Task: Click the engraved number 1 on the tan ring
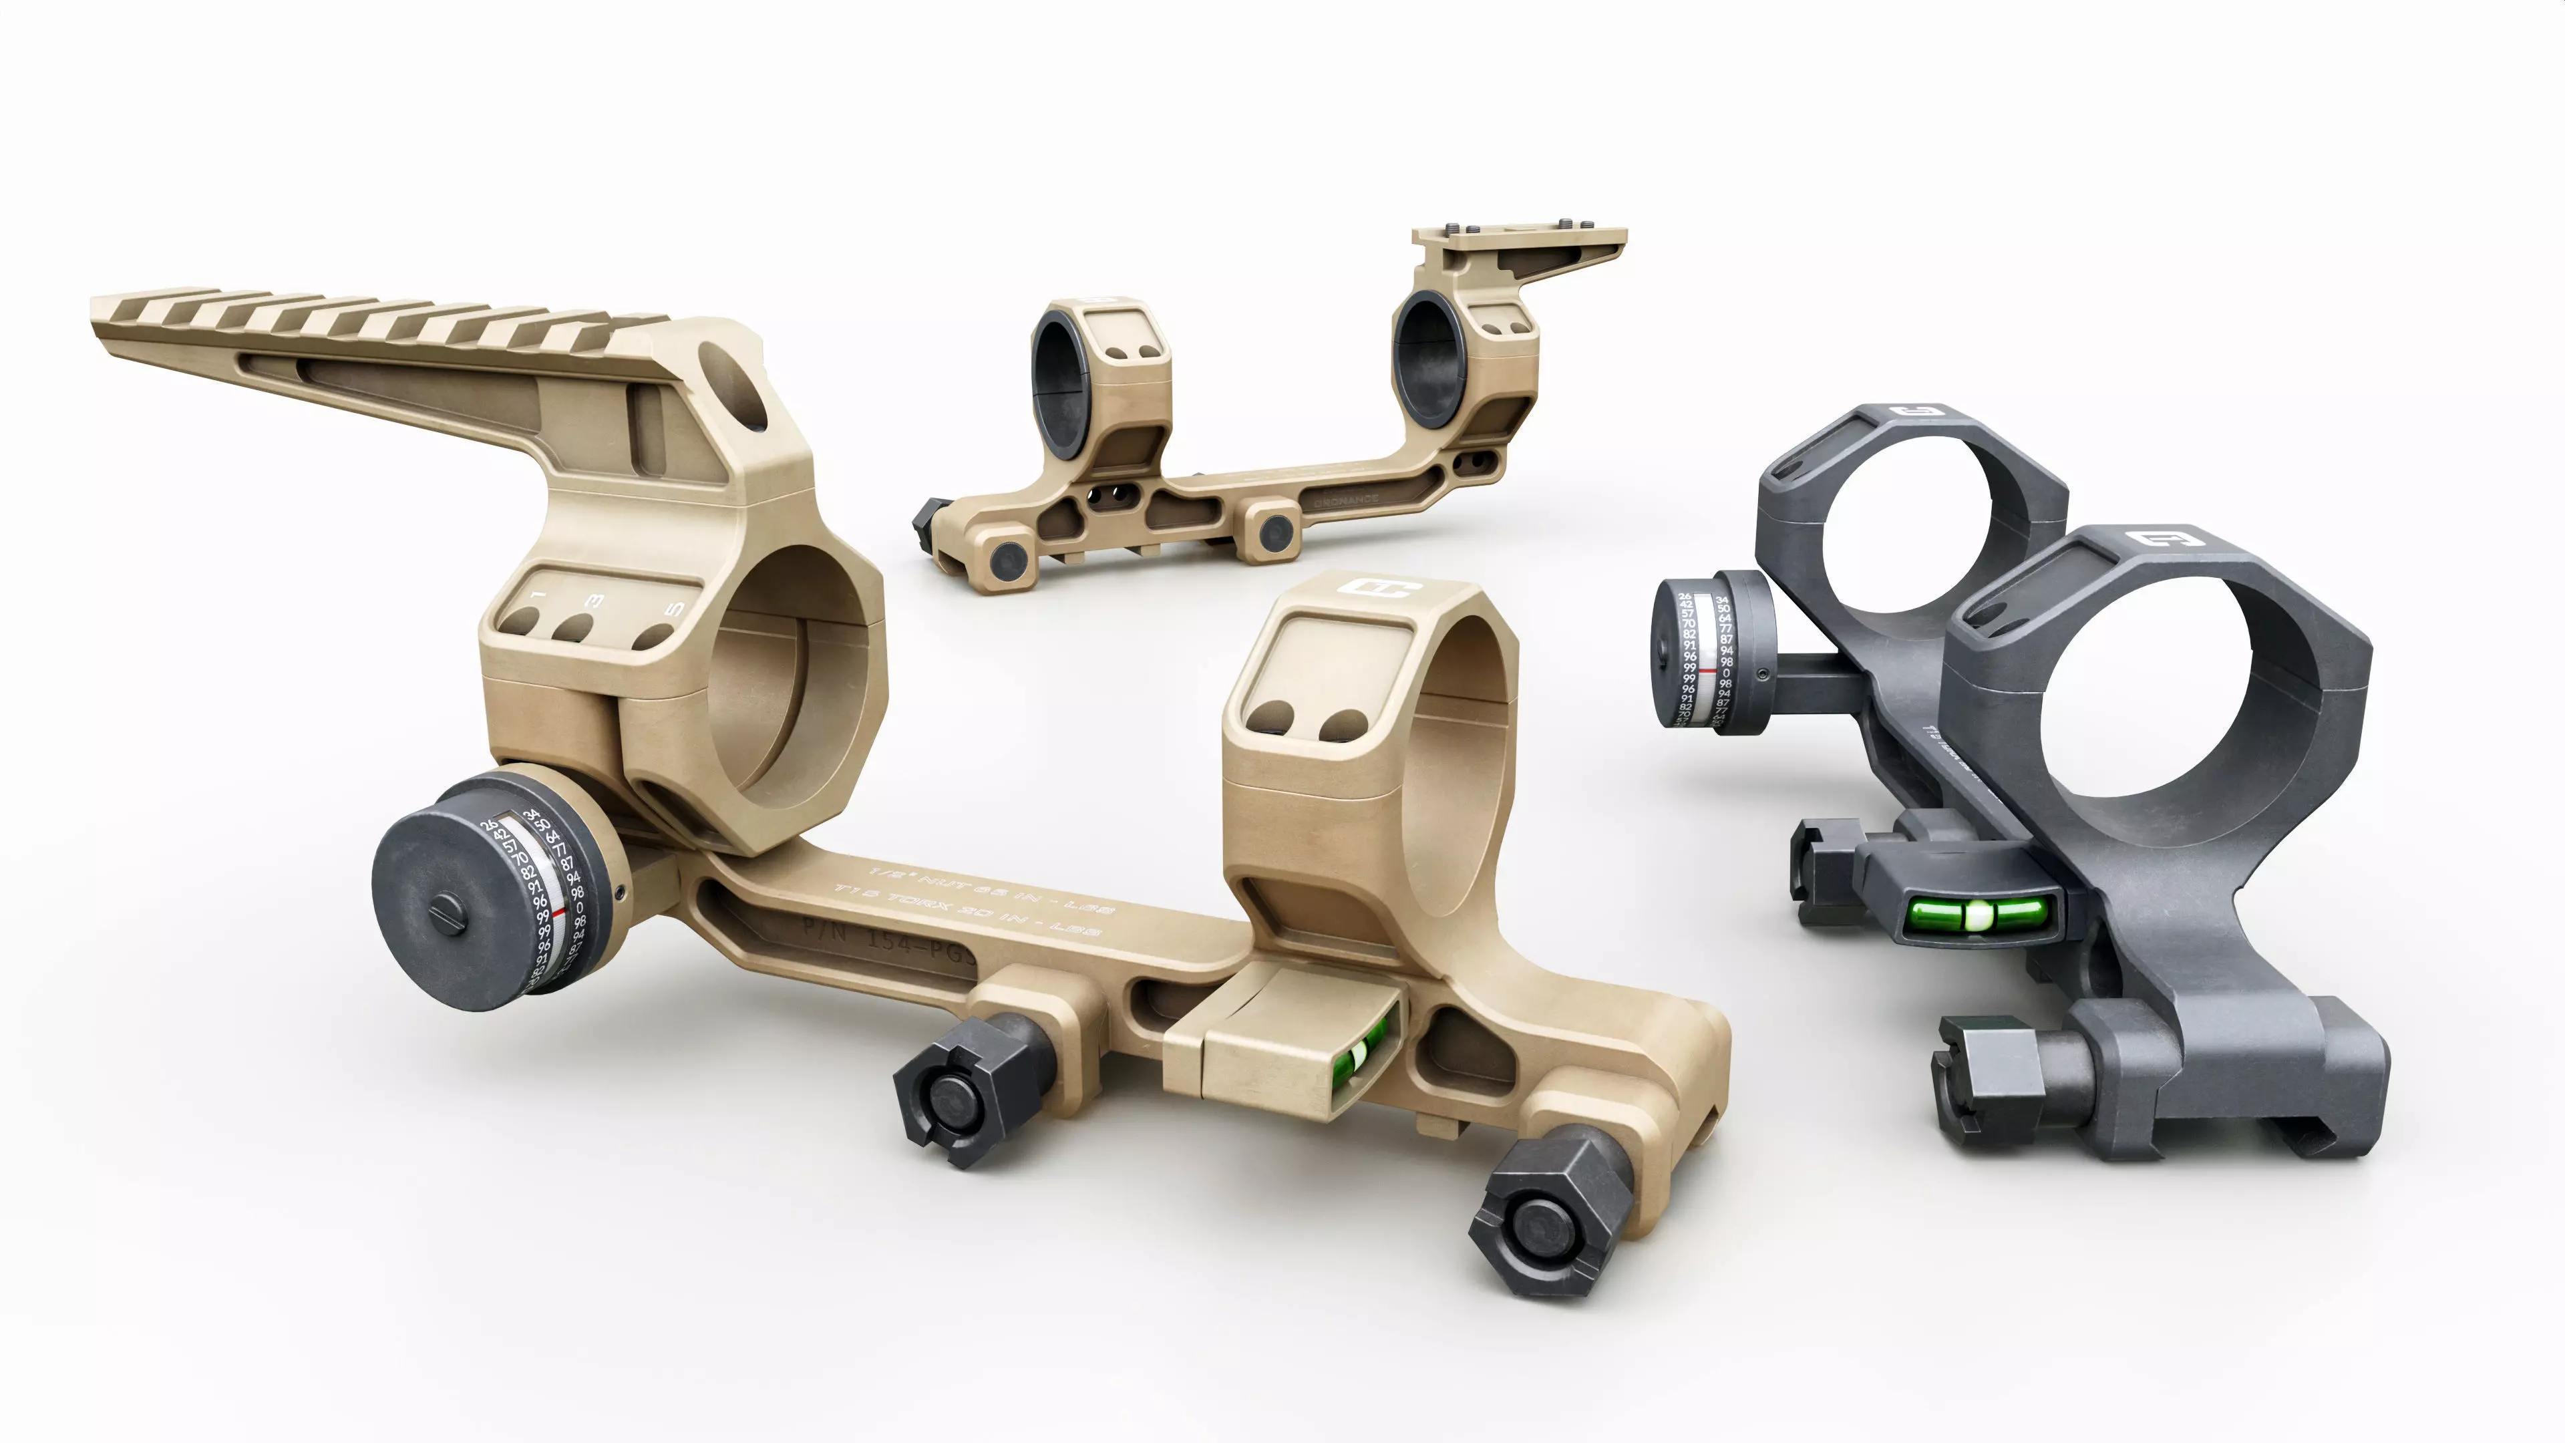(538, 595)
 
